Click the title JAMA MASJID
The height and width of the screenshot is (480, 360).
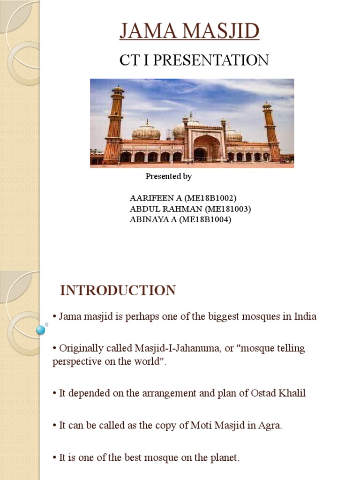click(189, 32)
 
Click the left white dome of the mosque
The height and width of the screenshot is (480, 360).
click(146, 131)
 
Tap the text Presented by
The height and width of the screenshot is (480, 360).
click(168, 177)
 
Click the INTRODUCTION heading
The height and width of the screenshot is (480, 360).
click(118, 291)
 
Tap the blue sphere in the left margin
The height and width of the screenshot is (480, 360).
click(41, 330)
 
